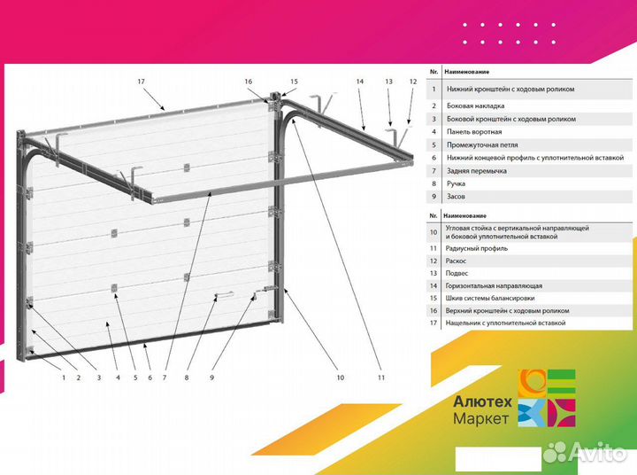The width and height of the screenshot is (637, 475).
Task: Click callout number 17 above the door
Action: click(x=141, y=82)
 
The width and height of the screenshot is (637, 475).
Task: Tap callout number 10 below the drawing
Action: click(x=341, y=378)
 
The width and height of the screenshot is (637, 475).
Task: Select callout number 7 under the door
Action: click(x=165, y=378)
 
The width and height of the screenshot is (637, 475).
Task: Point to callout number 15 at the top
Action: click(x=294, y=82)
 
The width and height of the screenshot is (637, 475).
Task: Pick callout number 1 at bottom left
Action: click(x=64, y=378)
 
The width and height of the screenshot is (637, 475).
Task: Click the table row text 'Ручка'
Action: click(x=456, y=183)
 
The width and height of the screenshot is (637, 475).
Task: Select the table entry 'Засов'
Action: click(x=456, y=196)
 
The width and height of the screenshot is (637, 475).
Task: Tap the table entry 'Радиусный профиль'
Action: click(x=477, y=248)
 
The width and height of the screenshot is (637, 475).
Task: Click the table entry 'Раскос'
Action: click(x=456, y=261)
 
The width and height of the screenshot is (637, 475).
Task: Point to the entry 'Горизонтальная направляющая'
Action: click(x=494, y=285)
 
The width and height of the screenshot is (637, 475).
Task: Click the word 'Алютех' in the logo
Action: click(x=483, y=401)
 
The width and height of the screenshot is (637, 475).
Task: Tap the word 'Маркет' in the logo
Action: click(x=480, y=418)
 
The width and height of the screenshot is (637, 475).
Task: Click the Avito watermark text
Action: click(x=597, y=452)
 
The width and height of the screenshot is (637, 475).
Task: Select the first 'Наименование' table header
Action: click(x=467, y=72)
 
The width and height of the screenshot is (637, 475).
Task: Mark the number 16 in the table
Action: click(x=434, y=310)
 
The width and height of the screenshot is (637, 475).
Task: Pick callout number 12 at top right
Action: click(x=413, y=82)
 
